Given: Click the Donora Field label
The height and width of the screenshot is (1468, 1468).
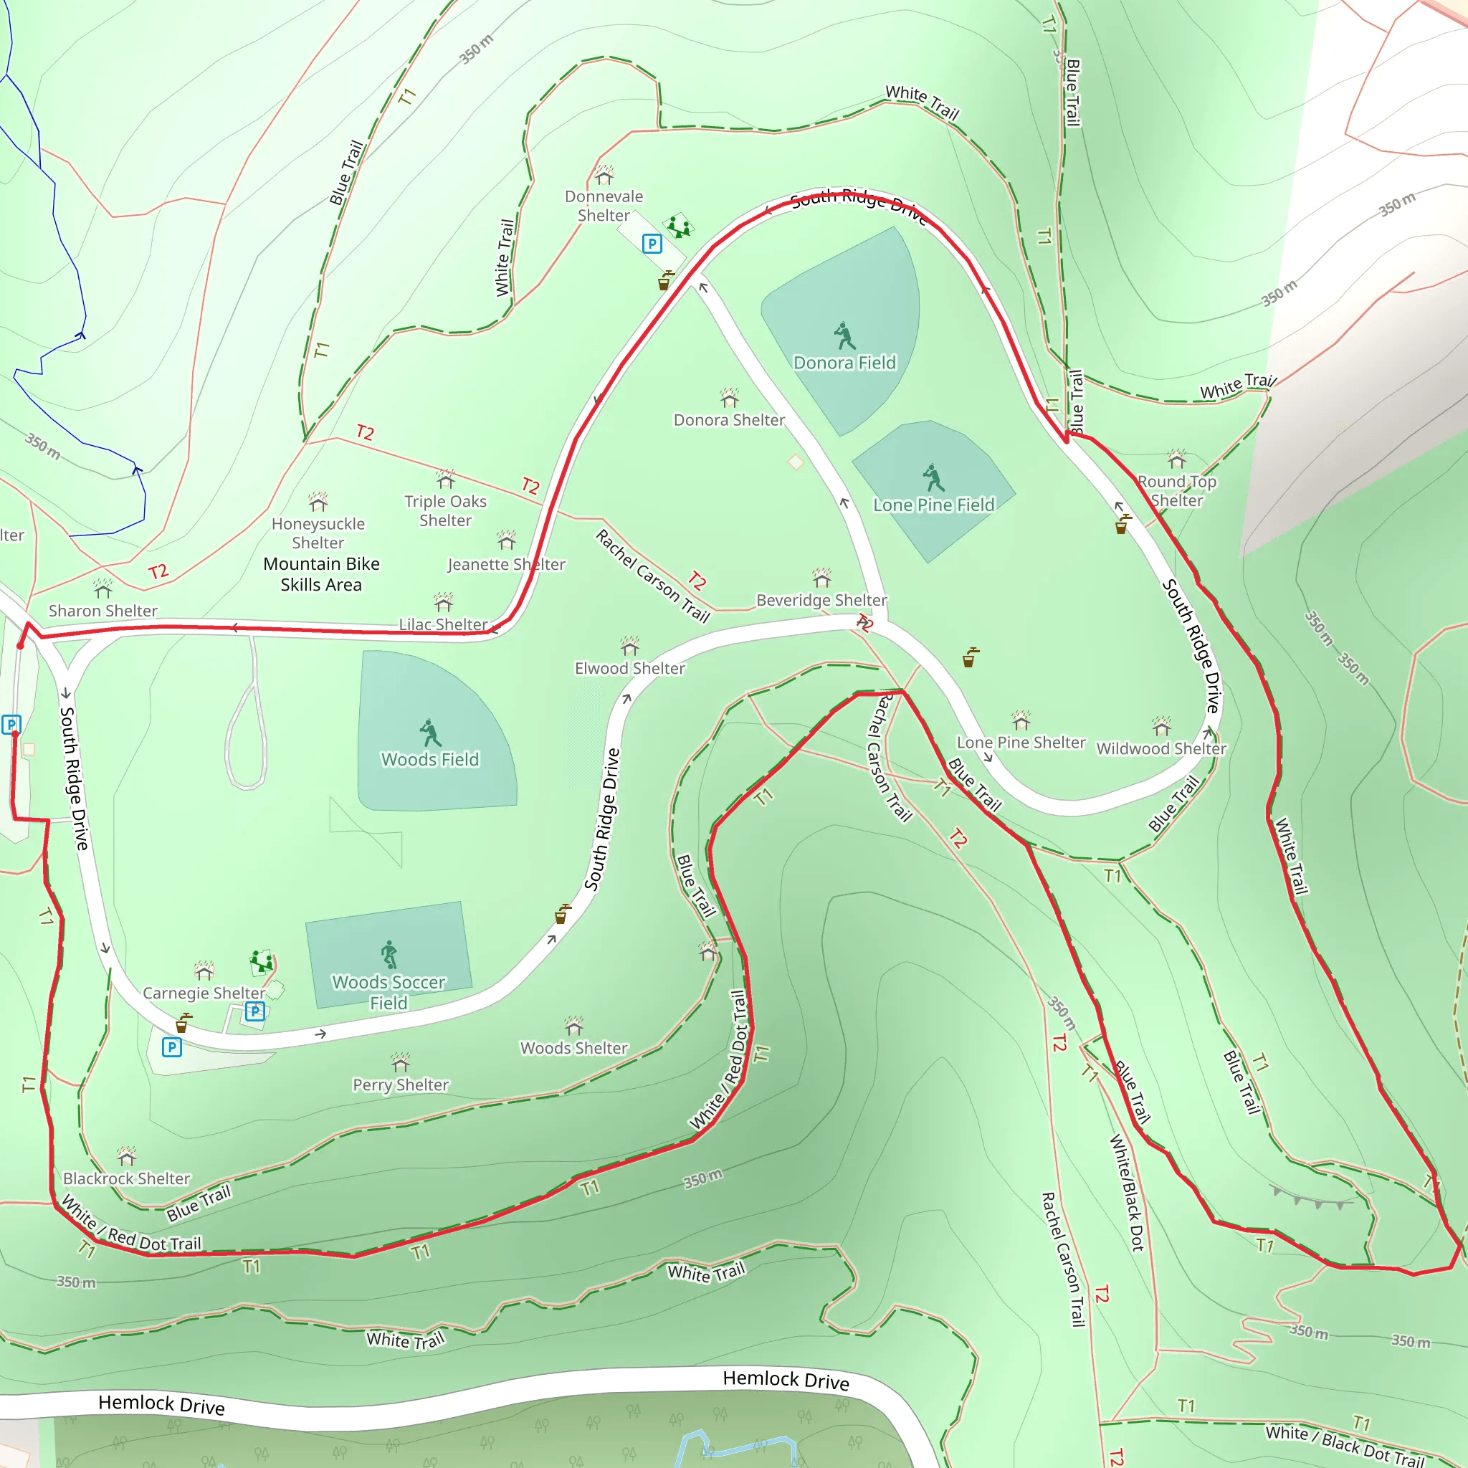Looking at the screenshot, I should [x=844, y=363].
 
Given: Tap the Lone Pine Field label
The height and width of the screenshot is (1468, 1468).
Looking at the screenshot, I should [x=933, y=505].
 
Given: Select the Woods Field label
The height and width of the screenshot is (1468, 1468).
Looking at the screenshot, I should [x=430, y=760].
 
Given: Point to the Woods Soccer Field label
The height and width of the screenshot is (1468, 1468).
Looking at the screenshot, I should [x=389, y=992].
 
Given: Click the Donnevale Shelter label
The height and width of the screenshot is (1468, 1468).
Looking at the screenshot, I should [x=604, y=206].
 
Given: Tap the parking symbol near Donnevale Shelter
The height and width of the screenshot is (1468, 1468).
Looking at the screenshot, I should [x=652, y=244].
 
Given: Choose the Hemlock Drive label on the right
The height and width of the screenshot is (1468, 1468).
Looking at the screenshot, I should [x=786, y=1380].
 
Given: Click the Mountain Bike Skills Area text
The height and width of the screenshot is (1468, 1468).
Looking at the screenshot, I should [x=320, y=574].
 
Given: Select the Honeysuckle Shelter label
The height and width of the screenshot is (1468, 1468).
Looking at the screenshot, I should [x=318, y=533].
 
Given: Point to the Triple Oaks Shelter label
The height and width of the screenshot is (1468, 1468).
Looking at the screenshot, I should [x=445, y=510].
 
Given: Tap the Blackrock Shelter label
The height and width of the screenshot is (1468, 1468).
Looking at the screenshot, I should [x=126, y=1178].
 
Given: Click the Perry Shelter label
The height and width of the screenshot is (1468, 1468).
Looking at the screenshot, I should [x=401, y=1085].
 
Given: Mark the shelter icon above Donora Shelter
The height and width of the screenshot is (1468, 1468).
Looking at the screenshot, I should [x=730, y=398].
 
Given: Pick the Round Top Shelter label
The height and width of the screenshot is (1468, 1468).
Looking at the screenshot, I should [x=1176, y=491].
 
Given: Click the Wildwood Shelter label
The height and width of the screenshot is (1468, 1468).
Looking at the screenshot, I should [x=1161, y=748].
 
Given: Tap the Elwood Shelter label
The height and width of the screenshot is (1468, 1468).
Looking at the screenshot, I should [x=629, y=669].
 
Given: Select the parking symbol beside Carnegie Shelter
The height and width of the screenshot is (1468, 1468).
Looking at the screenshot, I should [x=255, y=1011].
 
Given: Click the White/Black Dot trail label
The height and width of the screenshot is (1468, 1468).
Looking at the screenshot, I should [x=1127, y=1192].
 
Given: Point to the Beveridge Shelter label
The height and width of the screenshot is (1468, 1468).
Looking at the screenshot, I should [x=821, y=600].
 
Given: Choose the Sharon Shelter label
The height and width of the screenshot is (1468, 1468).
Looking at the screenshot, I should [x=103, y=611].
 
